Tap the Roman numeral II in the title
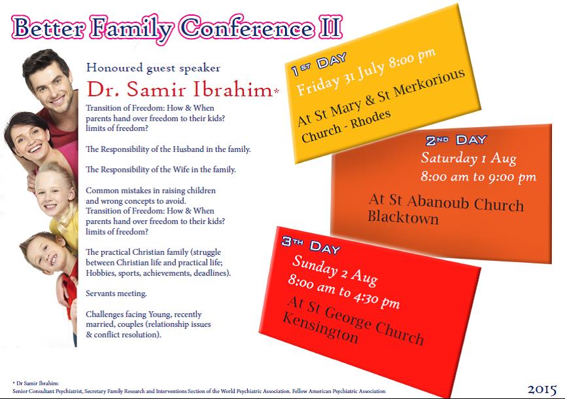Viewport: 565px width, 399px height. tap(330, 28)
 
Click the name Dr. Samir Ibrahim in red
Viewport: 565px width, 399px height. tap(180, 89)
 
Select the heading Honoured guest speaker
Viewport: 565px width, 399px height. tap(153, 68)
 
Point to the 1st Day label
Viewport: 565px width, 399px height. tap(319, 64)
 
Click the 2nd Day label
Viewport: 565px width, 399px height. tap(456, 140)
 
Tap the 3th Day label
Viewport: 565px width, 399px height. tap(311, 245)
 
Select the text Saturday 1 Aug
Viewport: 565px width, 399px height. tap(469, 158)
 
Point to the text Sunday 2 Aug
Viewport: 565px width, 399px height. tap(335, 270)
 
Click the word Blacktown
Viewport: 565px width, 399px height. tap(403, 218)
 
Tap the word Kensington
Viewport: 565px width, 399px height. tap(320, 328)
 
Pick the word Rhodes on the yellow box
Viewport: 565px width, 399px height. tap(371, 119)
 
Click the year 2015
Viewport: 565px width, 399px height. tap(542, 389)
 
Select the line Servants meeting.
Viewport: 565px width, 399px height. tap(116, 294)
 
